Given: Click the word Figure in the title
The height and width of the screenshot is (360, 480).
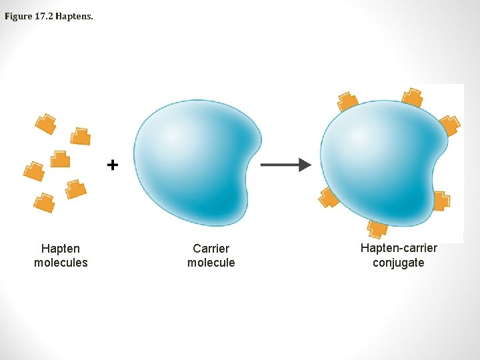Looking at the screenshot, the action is [18, 16].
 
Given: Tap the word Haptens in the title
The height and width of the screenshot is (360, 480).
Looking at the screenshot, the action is [75, 16].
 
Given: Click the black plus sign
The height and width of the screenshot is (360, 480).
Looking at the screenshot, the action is [113, 164].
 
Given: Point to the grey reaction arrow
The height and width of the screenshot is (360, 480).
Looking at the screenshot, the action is [285, 164].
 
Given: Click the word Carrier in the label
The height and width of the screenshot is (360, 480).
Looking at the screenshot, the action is [211, 249].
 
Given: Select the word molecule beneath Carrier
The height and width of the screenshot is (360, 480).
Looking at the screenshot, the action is [211, 263].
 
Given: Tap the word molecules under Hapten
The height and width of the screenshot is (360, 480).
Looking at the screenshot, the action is [61, 263].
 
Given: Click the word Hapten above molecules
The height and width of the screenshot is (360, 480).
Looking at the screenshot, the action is [61, 249].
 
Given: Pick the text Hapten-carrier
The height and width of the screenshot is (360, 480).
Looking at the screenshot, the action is [399, 248].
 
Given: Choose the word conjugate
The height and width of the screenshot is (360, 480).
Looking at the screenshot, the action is [399, 263].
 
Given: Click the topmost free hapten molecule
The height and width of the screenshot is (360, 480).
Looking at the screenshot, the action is [45, 123].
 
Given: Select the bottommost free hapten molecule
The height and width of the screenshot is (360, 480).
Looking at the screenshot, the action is [44, 202].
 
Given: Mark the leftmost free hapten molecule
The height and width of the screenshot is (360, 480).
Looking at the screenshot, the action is [33, 171].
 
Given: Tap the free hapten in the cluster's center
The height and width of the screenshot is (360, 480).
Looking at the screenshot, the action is [60, 159].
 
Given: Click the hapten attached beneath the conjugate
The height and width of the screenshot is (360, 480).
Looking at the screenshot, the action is [377, 228].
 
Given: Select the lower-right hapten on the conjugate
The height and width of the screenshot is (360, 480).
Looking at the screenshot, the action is [441, 200].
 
